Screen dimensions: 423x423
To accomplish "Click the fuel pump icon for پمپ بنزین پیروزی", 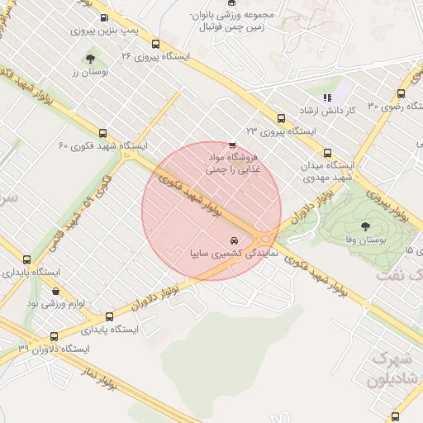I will click(103, 18).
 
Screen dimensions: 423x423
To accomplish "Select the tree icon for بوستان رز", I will click(90, 59).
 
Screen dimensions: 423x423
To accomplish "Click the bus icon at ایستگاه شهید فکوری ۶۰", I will click(103, 133).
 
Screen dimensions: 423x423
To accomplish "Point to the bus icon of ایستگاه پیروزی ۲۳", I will click(281, 118).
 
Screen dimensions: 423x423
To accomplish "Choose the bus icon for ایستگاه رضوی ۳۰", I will click(401, 93).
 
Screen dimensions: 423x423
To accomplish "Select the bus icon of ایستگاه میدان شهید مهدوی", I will click(327, 153).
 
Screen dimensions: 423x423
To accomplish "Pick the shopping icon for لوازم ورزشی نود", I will click(55, 291).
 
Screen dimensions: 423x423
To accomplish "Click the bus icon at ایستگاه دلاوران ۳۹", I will click(55, 336).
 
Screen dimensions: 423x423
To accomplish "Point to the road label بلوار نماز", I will click(97, 378).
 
